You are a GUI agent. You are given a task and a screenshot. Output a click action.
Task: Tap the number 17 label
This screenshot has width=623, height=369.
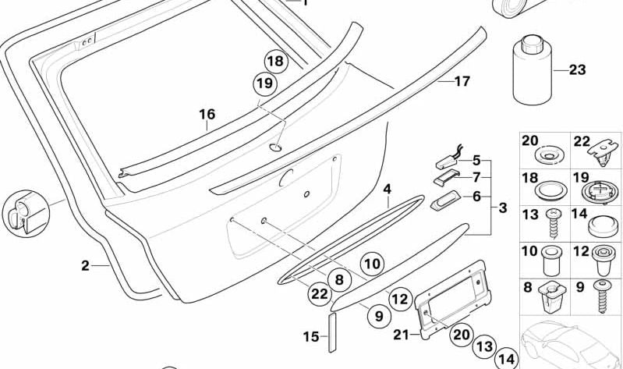tap(462, 80)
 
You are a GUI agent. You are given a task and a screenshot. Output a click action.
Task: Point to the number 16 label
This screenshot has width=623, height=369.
tap(206, 115)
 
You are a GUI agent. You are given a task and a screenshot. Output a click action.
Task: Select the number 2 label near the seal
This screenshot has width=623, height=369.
tap(86, 265)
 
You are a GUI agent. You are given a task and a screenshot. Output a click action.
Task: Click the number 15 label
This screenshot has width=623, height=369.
tap(310, 337)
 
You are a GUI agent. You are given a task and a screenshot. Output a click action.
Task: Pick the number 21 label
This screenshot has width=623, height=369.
tap(401, 335)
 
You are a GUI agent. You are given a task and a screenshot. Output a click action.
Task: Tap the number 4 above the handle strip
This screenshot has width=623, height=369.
tap(387, 189)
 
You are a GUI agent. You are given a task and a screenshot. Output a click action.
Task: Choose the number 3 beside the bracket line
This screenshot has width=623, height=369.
tap(502, 208)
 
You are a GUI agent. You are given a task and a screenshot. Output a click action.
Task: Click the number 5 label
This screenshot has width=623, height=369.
tap(476, 161)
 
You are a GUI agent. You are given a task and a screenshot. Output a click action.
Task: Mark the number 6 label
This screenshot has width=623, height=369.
tap(476, 197)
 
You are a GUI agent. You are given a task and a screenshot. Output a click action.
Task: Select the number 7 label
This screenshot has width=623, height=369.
tap(476, 177)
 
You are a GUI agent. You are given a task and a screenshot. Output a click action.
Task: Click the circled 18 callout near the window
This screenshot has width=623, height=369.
tap(274, 62)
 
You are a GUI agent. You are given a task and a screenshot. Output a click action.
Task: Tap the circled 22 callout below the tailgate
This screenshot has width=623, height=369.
tap(319, 293)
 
